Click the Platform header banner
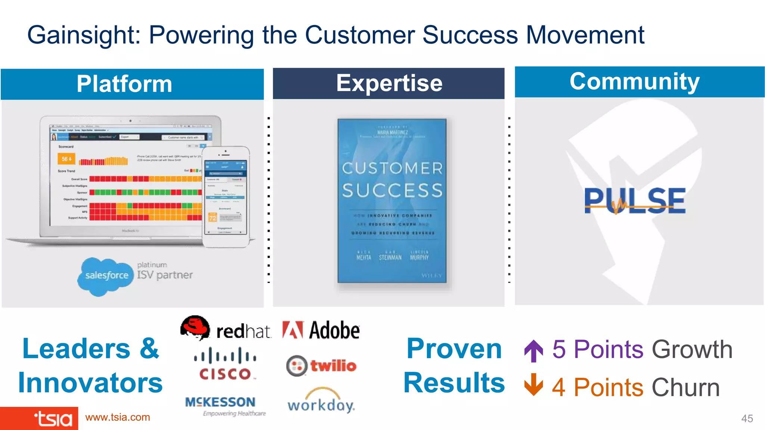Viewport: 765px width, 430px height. click(x=132, y=84)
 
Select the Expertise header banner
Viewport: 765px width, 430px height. click(x=388, y=83)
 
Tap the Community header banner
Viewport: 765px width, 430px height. click(x=639, y=82)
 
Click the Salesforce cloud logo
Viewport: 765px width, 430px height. click(x=106, y=276)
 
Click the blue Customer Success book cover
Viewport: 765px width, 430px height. click(x=392, y=201)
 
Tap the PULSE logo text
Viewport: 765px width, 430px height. click(x=635, y=201)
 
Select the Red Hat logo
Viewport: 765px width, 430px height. click(x=226, y=328)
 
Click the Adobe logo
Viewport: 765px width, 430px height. click(x=321, y=330)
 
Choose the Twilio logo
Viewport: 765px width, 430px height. click(x=321, y=366)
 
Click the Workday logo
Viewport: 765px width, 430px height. click(x=321, y=401)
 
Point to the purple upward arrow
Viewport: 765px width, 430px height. click(x=533, y=351)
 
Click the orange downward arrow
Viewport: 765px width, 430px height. click(x=533, y=385)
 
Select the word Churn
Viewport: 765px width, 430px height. click(x=685, y=387)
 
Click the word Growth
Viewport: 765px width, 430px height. click(x=692, y=349)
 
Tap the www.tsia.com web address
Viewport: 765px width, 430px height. click(x=118, y=417)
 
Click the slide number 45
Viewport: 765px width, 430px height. click(x=747, y=418)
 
